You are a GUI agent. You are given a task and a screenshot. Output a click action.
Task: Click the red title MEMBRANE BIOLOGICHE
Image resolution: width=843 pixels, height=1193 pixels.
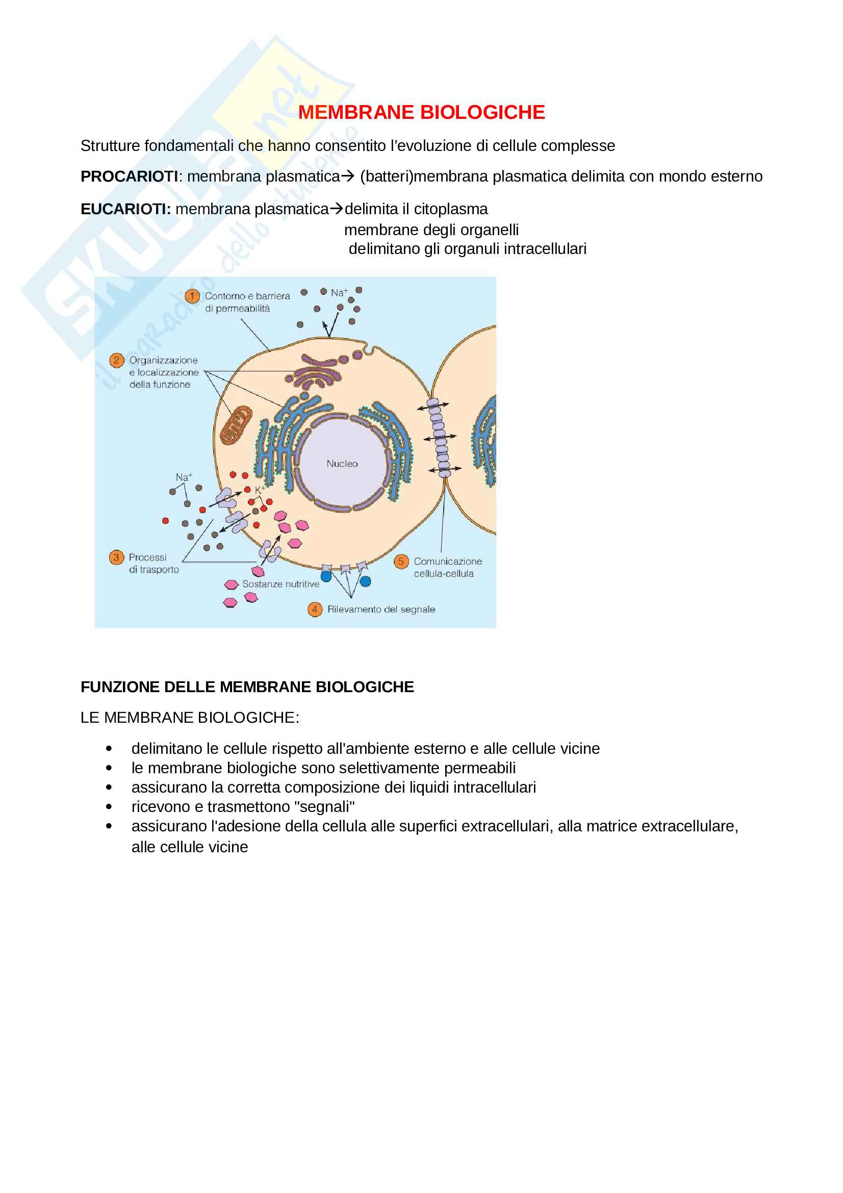click(x=421, y=113)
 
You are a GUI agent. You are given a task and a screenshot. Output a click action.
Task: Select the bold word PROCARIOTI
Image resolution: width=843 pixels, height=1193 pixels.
click(x=130, y=176)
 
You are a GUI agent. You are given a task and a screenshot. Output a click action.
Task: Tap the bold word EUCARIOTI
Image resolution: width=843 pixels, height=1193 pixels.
click(x=125, y=210)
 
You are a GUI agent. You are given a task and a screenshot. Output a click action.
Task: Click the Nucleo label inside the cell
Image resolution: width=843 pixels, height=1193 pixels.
click(x=342, y=464)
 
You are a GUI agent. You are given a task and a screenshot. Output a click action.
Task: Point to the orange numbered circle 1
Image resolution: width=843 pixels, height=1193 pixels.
click(x=192, y=296)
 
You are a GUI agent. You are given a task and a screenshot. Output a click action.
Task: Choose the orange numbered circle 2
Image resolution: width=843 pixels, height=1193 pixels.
click(x=116, y=360)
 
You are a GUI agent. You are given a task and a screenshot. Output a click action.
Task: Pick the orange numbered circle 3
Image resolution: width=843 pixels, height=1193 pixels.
click(x=116, y=557)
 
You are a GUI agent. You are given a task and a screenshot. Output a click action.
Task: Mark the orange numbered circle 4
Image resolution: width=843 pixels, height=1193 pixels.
click(x=315, y=610)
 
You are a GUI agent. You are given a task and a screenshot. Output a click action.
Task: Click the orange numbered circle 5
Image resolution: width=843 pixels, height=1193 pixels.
click(x=401, y=562)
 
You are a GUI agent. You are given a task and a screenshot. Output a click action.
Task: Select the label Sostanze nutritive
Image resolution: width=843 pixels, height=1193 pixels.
click(x=280, y=585)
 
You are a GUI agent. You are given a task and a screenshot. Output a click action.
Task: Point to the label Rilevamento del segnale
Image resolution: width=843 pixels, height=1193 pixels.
click(x=381, y=610)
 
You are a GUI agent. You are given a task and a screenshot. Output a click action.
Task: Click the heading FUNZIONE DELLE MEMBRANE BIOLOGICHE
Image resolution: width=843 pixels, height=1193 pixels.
click(x=247, y=688)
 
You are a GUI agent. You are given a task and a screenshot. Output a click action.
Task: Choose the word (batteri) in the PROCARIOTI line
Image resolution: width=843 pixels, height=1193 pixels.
click(x=387, y=176)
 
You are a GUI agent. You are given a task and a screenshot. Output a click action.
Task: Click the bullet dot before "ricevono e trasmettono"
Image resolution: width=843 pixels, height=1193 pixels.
click(x=109, y=807)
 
